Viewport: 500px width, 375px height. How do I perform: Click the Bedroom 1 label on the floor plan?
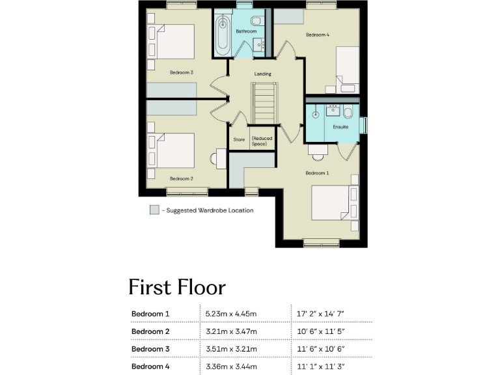[x=318, y=173]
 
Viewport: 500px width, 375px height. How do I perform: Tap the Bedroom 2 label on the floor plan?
[x=182, y=178]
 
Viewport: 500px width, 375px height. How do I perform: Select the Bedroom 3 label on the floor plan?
[x=182, y=72]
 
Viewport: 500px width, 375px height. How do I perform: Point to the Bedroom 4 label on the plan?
[x=317, y=35]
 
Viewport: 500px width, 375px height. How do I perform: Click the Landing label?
[x=262, y=74]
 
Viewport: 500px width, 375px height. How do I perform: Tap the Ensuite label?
[x=340, y=127]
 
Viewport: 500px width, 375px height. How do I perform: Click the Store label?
[x=239, y=139]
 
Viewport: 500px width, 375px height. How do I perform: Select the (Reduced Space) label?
[x=263, y=141]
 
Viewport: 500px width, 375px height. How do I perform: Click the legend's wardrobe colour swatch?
[x=154, y=210]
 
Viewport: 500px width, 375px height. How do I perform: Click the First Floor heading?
[x=177, y=287]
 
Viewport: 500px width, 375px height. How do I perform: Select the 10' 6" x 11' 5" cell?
[x=320, y=331]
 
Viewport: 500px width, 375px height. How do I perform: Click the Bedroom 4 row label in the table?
[x=150, y=367]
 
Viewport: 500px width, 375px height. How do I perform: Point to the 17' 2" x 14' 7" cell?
[x=320, y=314]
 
